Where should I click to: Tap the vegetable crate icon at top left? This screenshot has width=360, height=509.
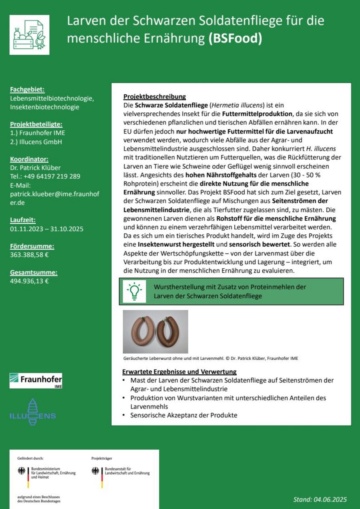pyautogui.click(x=29, y=35)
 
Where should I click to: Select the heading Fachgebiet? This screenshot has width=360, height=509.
pyautogui.click(x=27, y=89)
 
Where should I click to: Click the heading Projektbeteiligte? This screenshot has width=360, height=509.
pyautogui.click(x=36, y=124)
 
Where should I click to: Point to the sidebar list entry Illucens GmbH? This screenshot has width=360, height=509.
pyautogui.click(x=36, y=142)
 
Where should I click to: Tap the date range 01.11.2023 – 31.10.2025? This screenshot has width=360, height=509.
pyautogui.click(x=46, y=229)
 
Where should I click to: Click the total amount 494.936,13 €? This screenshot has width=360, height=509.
pyautogui.click(x=29, y=281)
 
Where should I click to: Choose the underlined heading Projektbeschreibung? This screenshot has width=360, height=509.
pyautogui.click(x=154, y=97)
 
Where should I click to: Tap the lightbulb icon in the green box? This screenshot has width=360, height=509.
pyautogui.click(x=134, y=291)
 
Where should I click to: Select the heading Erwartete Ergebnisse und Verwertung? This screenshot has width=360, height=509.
pyautogui.click(x=180, y=372)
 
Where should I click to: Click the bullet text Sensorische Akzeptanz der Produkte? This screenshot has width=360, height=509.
pyautogui.click(x=184, y=415)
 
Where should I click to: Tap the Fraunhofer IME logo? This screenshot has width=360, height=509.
pyautogui.click(x=36, y=380)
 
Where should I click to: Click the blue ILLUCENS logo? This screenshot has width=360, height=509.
pyautogui.click(x=32, y=412)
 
